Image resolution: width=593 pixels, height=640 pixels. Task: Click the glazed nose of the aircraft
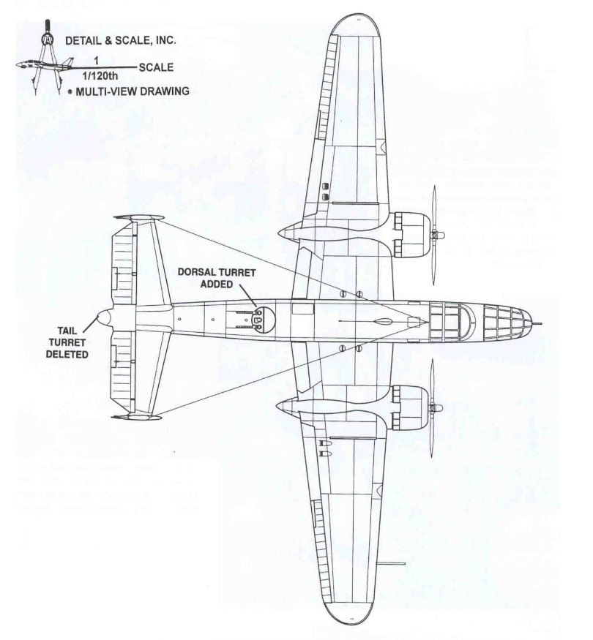[508, 320]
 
